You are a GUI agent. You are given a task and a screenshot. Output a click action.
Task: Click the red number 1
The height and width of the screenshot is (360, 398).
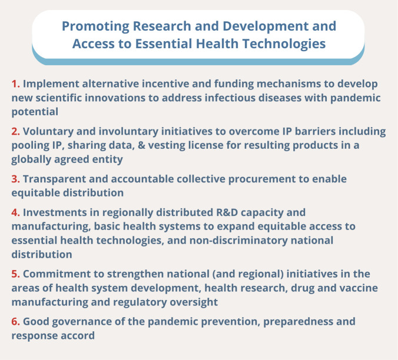[15, 84]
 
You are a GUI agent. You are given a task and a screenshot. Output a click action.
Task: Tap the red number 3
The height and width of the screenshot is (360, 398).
[15, 179]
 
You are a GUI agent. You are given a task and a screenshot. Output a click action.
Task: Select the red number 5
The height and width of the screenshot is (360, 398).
[15, 274]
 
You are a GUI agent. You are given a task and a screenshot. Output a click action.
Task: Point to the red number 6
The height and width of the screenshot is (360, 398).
[15, 321]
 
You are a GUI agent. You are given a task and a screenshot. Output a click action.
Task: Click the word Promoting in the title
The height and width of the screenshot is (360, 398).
[96, 27]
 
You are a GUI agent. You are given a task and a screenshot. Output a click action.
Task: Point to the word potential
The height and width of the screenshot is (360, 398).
[35, 112]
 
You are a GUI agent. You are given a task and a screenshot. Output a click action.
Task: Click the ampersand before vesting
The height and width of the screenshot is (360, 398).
[141, 145]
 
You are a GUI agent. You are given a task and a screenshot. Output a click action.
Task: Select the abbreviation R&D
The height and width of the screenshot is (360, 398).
[227, 212]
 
